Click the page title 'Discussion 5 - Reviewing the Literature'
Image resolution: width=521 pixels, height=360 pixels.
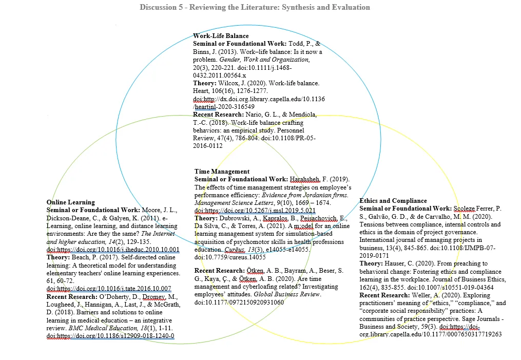click(255, 7)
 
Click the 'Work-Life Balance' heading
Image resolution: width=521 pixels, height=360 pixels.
click(221, 36)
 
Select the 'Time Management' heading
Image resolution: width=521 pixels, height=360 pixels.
click(222, 172)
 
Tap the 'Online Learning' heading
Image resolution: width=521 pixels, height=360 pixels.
click(70, 202)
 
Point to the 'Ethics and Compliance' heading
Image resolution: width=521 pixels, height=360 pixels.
click(393, 201)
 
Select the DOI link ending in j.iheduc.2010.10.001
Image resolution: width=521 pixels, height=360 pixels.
click(112, 250)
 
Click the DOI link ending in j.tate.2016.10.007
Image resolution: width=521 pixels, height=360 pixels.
click(109, 289)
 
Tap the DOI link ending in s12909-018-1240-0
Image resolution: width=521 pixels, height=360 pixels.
click(110, 336)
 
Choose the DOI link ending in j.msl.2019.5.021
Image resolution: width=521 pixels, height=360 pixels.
click(255, 210)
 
